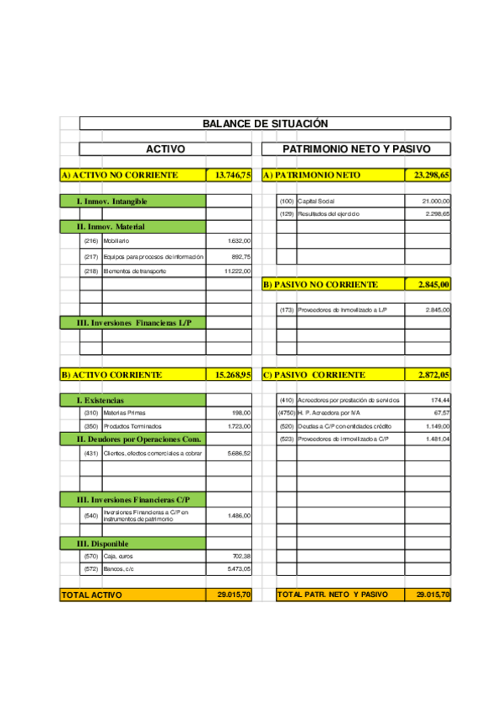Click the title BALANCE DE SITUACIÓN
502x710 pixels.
[x=265, y=123]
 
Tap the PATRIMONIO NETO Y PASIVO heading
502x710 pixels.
[x=356, y=149]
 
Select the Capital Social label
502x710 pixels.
[x=316, y=202]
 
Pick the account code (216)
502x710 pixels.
[x=91, y=241]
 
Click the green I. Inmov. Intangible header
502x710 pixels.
[x=111, y=202]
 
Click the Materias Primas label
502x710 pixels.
[x=125, y=413]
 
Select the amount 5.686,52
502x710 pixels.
[x=239, y=453]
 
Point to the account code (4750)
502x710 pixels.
[x=287, y=413]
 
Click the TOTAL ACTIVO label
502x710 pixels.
[x=91, y=595]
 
